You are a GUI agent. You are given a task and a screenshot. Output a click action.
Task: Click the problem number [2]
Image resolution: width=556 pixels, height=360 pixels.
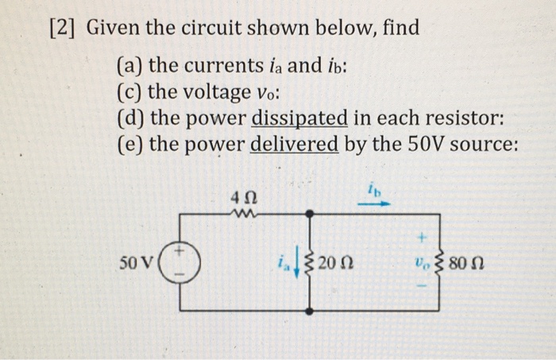click(63, 32)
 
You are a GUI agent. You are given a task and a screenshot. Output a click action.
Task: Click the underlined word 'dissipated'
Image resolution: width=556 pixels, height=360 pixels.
click(299, 119)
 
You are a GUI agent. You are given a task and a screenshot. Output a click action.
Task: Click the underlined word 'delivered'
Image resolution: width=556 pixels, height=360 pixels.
click(295, 146)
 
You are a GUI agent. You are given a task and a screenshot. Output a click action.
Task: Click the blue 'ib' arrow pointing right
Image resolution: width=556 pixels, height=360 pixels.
click(373, 203)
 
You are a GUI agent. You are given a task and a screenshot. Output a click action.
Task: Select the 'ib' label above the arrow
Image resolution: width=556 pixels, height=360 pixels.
click(373, 190)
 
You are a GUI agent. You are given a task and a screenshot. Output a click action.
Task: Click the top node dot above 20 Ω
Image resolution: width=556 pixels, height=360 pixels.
click(311, 213)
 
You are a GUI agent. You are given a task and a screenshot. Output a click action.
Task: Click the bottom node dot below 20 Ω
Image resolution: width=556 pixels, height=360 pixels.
click(311, 308)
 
